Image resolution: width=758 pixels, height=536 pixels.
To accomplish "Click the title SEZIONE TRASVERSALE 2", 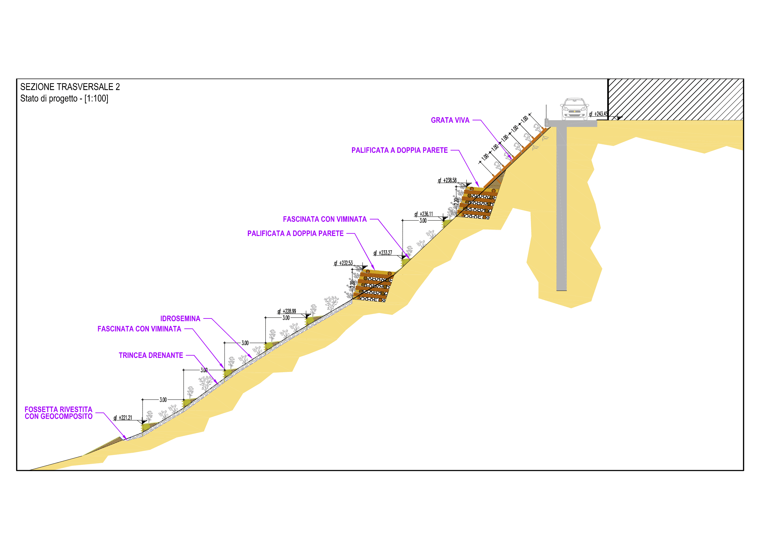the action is click(x=70, y=87).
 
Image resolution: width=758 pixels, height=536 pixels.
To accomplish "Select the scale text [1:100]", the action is click(x=96, y=98).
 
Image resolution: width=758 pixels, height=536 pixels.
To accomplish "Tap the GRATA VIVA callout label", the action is click(x=450, y=120).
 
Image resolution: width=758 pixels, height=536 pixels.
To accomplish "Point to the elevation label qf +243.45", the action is click(x=598, y=114).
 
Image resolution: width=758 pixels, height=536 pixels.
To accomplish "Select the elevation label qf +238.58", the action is click(x=447, y=180).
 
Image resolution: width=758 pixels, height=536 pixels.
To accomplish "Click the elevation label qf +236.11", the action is click(x=424, y=214).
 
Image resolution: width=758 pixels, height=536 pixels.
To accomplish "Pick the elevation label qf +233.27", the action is click(x=383, y=253).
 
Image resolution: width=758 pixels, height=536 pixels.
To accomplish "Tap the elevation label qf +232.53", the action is click(x=343, y=263).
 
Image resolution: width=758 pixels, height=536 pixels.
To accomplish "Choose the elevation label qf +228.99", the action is click(x=287, y=311).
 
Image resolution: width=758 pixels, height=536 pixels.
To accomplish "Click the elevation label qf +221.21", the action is click(x=123, y=418).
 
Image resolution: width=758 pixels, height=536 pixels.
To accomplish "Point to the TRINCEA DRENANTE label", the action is click(x=151, y=355).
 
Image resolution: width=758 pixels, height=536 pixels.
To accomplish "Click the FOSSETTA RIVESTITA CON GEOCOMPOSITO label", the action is click(x=58, y=413).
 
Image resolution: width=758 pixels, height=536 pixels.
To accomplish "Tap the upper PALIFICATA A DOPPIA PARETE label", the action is click(x=400, y=150).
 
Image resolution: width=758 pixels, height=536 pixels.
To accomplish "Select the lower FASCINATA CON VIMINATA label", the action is click(x=139, y=329).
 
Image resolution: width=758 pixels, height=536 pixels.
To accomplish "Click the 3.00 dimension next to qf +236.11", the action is click(x=423, y=221).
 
